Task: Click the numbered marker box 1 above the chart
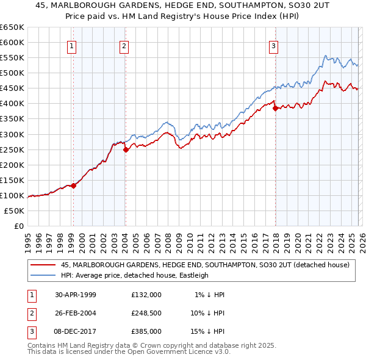[72, 46]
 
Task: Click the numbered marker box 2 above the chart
[124, 46]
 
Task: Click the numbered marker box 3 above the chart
[274, 46]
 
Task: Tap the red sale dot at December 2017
[274, 108]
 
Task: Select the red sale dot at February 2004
[126, 149]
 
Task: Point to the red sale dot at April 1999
[73, 185]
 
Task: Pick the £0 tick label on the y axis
[19, 226]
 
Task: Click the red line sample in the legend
[43, 265]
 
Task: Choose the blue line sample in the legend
[43, 275]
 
